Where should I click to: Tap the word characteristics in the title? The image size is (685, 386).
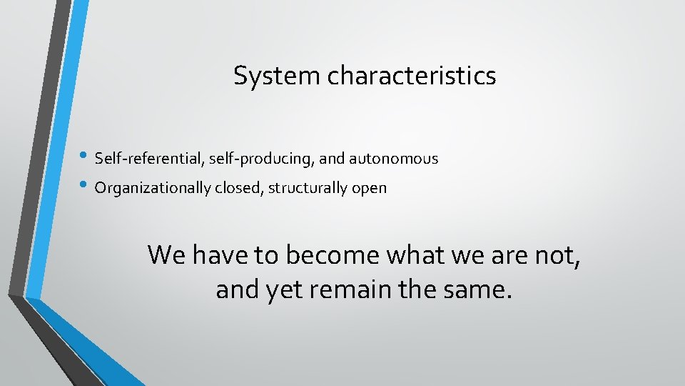coord(412,75)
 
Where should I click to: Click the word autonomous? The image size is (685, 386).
coord(393,158)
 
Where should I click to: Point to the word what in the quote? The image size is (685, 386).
coord(410,254)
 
